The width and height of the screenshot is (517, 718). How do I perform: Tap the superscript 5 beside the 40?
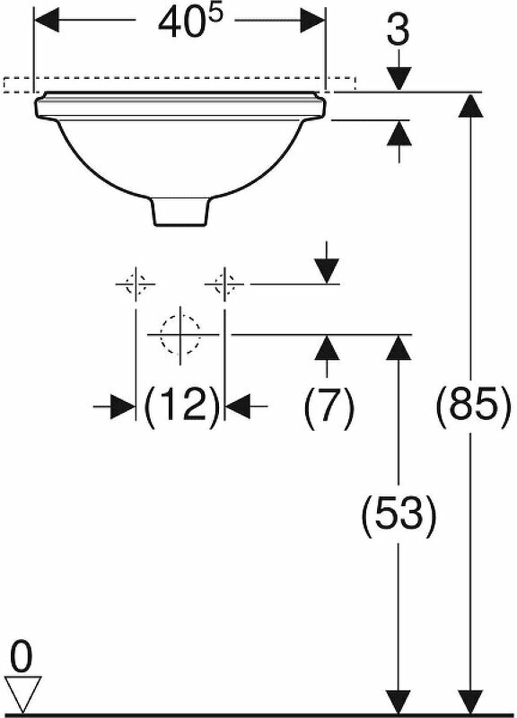click(216, 14)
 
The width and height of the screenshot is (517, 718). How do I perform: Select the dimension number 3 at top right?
click(398, 31)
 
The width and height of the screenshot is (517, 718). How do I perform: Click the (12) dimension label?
click(181, 406)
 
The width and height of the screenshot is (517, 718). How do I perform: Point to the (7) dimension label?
click(329, 407)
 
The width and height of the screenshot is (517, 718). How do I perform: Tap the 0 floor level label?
click(21, 657)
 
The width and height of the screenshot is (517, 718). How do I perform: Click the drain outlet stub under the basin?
click(180, 212)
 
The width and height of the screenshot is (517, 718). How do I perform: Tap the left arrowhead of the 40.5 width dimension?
click(47, 20)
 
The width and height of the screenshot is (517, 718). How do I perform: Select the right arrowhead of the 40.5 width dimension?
click(312, 20)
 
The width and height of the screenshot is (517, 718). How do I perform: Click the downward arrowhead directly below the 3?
click(399, 79)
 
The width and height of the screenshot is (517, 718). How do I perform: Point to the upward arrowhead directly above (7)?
click(327, 347)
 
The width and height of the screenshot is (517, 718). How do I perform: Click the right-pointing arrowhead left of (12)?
click(123, 406)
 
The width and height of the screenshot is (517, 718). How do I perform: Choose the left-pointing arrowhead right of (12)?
click(238, 406)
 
